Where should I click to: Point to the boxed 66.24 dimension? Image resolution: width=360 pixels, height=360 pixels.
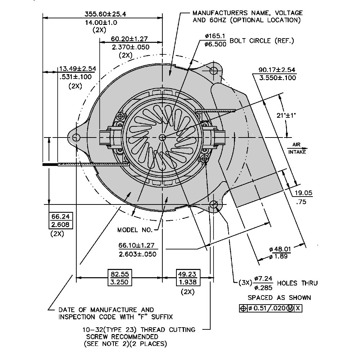[60, 217]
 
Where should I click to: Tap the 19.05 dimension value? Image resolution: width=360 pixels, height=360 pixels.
[303, 193]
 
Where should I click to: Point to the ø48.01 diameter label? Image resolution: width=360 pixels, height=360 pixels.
[280, 249]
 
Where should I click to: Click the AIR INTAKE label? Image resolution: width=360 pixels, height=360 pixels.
[297, 148]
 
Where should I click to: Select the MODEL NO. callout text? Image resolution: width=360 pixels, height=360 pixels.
[135, 230]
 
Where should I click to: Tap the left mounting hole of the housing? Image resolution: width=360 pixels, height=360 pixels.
[76, 138]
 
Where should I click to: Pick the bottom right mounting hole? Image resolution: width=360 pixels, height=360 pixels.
[214, 205]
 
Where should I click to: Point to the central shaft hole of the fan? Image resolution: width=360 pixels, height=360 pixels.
[162, 137]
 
